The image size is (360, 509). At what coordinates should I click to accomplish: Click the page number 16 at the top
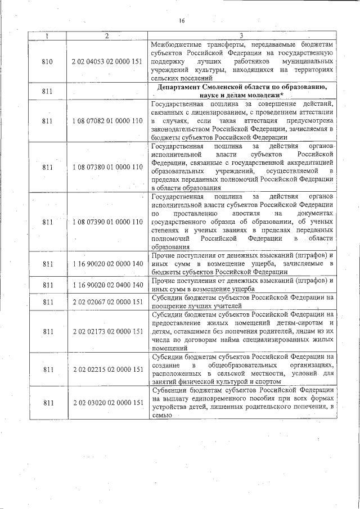182,21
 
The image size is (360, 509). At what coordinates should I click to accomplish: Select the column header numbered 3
243,37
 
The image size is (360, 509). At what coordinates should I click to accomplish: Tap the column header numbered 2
107,37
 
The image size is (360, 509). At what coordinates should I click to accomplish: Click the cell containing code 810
47,62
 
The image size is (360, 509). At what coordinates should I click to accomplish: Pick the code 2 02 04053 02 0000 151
107,62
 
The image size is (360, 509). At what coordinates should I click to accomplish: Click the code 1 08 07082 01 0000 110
107,120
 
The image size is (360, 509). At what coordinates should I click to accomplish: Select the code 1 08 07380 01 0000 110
107,167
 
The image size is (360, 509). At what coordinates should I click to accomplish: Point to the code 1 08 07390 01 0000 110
107,222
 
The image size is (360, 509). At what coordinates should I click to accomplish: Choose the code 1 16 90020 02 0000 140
107,263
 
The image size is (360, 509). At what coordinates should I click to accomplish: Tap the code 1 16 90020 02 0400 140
107,285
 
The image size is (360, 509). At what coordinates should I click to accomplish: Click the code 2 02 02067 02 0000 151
107,302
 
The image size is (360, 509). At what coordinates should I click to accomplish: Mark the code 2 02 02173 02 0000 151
107,332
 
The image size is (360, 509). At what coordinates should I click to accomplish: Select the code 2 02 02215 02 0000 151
107,369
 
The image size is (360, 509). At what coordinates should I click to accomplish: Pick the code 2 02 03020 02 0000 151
107,403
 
